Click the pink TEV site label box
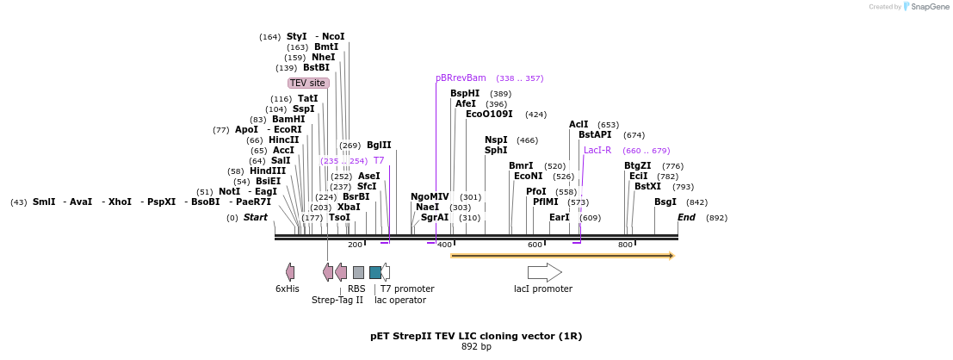[308, 83]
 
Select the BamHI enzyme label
[288, 119]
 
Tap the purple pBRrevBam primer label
[461, 78]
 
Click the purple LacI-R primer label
[597, 150]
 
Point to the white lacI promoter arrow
[544, 272]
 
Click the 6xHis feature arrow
[290, 272]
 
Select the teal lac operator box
[375, 272]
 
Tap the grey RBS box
[358, 272]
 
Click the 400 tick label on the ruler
[444, 245]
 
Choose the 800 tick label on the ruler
[625, 245]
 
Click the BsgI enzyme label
[665, 202]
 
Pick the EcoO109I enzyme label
[489, 114]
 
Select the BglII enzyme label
[379, 145]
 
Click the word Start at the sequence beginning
[255, 217]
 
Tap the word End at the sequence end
[686, 217]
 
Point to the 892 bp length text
[476, 346]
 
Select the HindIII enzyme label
[268, 171]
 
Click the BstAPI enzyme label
[595, 134]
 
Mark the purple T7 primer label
[378, 160]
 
